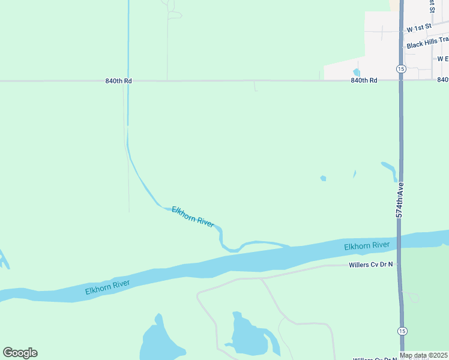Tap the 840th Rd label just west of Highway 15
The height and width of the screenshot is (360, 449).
pos(364,80)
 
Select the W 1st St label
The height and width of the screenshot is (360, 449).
pos(419,29)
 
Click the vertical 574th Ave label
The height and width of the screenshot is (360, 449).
pos(399,199)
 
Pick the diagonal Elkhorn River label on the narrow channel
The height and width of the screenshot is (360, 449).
pos(193,217)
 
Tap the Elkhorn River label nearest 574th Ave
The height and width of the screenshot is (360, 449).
pos(367,245)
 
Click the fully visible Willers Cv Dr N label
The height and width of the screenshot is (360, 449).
pos(371,264)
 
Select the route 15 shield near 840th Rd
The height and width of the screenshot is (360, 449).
pos(401,69)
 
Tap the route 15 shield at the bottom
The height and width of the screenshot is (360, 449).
pos(401,331)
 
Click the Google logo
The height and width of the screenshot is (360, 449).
pos(20,353)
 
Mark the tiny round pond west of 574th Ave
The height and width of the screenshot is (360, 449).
pos(323,178)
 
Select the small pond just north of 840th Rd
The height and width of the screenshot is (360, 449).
pos(357,73)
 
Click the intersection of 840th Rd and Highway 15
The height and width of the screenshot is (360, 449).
pos(401,80)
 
